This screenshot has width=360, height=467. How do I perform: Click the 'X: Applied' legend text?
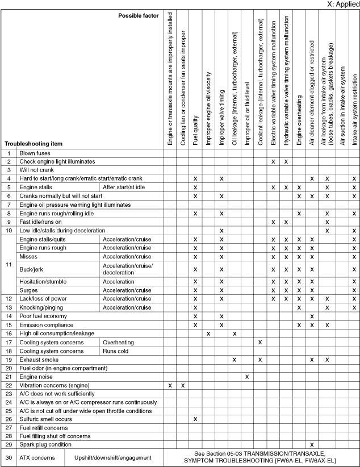pyautogui.click(x=342, y=4)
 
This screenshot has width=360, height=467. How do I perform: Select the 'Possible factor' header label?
pyautogui.click(x=140, y=15)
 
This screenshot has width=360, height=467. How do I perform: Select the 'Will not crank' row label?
pyautogui.click(x=37, y=170)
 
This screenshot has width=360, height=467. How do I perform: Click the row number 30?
pyautogui.click(x=9, y=457)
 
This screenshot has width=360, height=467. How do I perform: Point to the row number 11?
pyautogui.click(x=9, y=265)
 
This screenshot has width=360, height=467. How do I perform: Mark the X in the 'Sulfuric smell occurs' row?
pyautogui.click(x=195, y=419)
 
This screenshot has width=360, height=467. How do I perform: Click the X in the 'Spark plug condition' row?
pyautogui.click(x=312, y=444)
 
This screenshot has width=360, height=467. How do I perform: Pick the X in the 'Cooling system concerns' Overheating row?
pyautogui.click(x=260, y=343)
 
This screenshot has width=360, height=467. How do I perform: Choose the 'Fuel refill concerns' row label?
pyautogui.click(x=44, y=427)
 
